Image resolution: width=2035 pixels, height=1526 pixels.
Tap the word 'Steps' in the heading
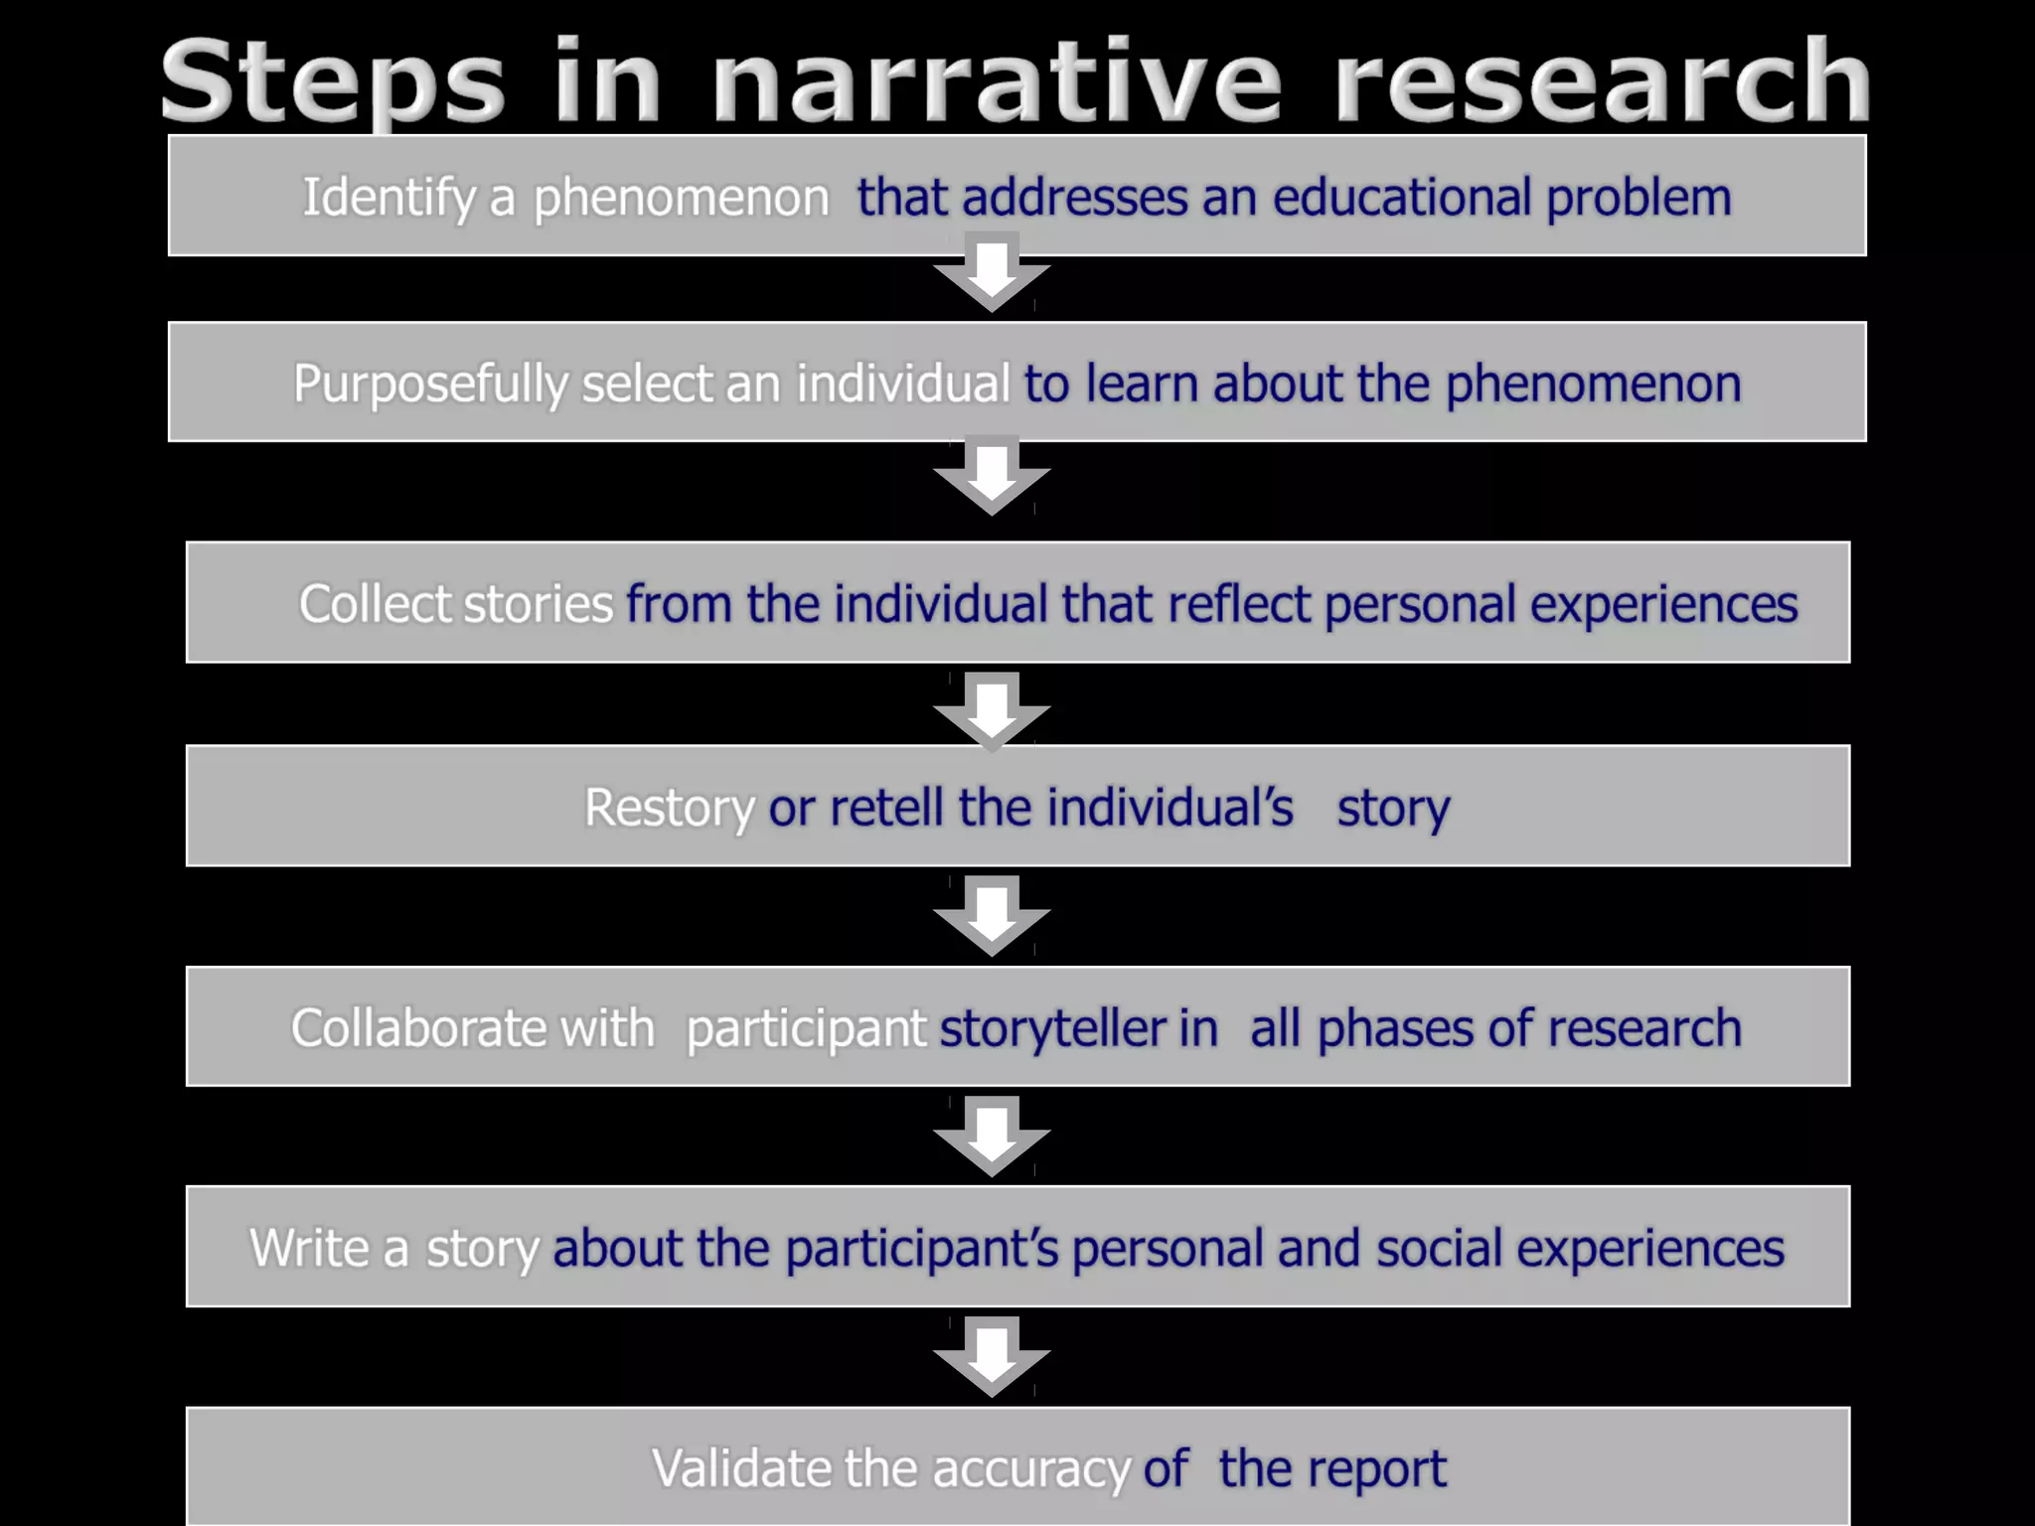point(333,84)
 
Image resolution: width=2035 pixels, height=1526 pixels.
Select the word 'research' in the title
point(1602,82)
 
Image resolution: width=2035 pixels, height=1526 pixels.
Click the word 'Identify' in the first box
point(389,198)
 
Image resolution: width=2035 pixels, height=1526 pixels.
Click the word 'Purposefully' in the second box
point(430,384)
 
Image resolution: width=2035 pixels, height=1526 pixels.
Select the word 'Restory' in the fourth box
point(669,808)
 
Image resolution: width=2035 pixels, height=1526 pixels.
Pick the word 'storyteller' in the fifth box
point(1052,1028)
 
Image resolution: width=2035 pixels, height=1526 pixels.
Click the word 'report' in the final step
point(1382,1468)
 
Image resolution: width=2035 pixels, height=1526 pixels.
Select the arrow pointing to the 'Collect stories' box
point(992,478)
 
